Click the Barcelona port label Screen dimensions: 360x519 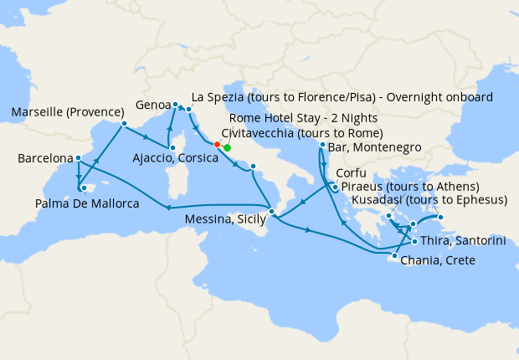[44, 158]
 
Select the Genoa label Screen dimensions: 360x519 [153, 106]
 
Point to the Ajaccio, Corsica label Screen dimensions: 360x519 [171, 157]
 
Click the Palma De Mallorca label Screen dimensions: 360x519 [87, 203]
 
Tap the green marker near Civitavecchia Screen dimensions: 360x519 [227, 147]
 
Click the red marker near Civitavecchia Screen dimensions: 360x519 [218, 144]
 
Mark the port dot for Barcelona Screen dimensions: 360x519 [78, 157]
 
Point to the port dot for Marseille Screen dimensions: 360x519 [124, 124]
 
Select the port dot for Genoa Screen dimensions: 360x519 [175, 105]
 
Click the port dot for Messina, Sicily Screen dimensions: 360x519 [270, 210]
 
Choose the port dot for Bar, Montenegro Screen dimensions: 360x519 [322, 146]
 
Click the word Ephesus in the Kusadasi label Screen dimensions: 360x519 [483, 200]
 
